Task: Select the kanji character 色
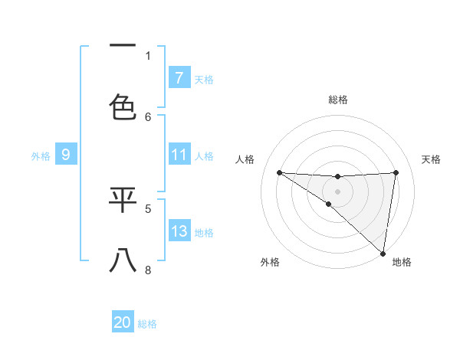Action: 123,107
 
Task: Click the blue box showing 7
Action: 179,77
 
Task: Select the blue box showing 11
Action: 179,155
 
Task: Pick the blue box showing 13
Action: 179,231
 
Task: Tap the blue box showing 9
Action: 66,155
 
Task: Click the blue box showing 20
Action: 122,322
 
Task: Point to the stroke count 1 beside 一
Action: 148,55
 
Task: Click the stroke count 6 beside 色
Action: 148,116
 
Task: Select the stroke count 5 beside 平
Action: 148,208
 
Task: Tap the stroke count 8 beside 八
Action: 148,270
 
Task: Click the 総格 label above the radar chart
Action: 337,100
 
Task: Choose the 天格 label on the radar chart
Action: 432,159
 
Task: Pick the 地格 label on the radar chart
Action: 402,263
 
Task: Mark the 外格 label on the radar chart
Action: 270,263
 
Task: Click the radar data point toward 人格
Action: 279,172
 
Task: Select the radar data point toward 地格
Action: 383,253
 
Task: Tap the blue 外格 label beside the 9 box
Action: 41,155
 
